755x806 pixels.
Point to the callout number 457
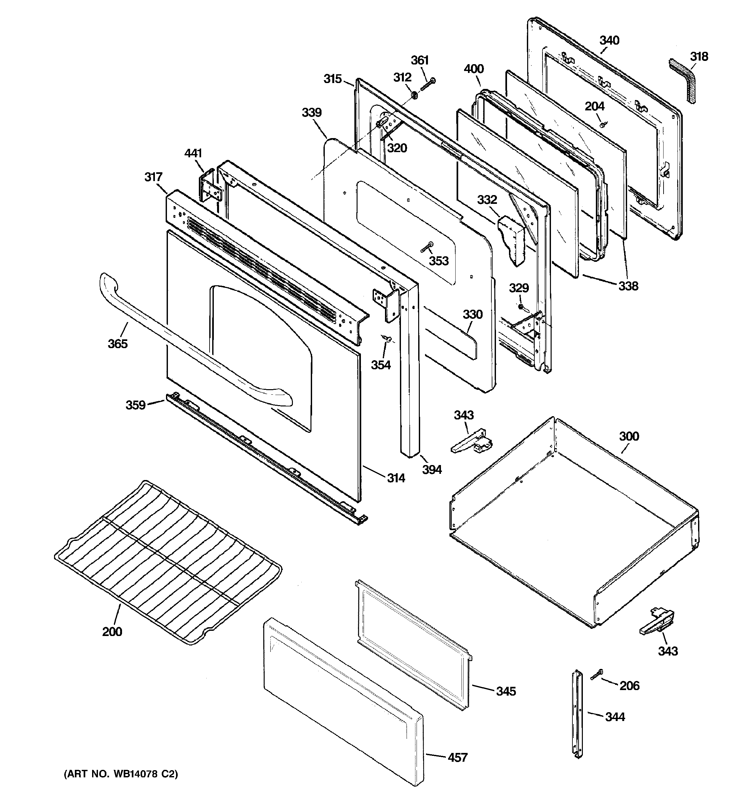click(x=458, y=757)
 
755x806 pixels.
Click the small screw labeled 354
click(x=387, y=338)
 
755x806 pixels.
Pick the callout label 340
click(x=609, y=40)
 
